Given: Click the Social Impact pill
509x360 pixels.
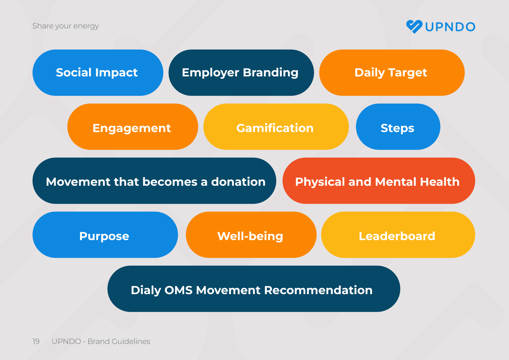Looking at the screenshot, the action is point(98,73).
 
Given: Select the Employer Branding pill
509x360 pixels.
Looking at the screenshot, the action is point(241,73).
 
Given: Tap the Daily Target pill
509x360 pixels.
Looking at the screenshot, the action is point(391,73).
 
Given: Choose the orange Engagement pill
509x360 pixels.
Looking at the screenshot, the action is point(132,127).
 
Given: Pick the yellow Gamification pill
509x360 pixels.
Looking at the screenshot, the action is point(276,127).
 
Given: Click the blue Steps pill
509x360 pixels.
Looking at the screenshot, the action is point(398,127).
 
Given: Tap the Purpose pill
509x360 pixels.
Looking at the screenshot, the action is point(105,235).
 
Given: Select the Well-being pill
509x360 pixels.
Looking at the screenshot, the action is point(251,235).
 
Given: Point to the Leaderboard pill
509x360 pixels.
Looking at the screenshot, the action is point(397,235).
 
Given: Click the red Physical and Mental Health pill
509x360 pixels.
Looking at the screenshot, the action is point(378,181).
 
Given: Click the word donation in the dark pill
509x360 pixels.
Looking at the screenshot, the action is point(238,182).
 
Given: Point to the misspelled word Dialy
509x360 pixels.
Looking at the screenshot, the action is point(145,290).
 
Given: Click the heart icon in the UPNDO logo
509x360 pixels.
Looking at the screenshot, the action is point(414,27).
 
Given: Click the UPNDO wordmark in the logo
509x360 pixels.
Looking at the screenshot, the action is point(450,27).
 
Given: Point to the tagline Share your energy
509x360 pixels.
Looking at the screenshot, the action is point(66,26).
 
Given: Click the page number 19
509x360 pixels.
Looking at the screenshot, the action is point(36,341).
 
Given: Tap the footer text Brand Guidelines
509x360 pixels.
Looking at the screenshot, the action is point(119,341).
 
